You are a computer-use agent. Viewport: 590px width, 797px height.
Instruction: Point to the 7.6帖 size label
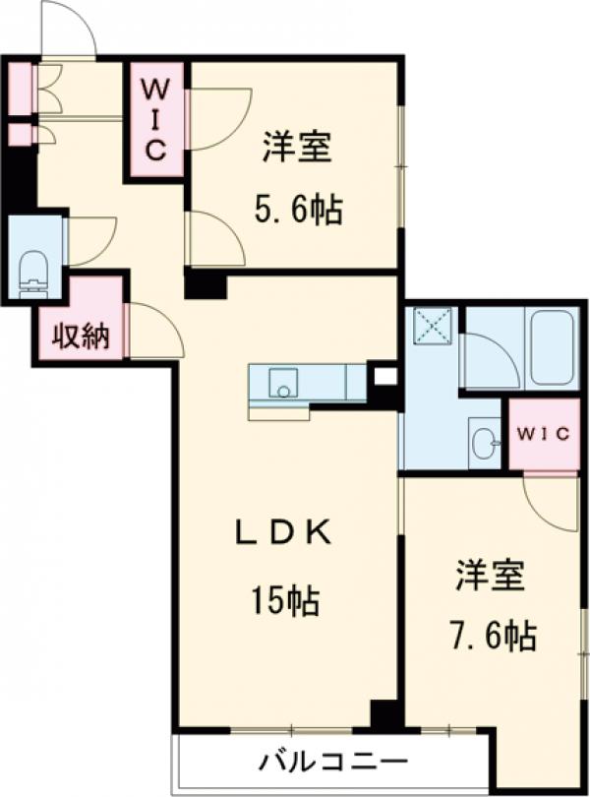click(x=495, y=636)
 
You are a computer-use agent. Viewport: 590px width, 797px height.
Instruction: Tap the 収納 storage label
click(x=80, y=337)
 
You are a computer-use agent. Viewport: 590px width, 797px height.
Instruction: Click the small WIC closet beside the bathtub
click(x=543, y=434)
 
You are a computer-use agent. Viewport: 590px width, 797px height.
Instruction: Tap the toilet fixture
click(x=33, y=271)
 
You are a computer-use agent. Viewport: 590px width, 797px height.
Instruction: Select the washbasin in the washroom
click(x=483, y=442)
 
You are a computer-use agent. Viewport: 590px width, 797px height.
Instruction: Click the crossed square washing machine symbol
click(x=430, y=325)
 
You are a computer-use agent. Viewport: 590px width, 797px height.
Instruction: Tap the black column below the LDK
click(x=385, y=715)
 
